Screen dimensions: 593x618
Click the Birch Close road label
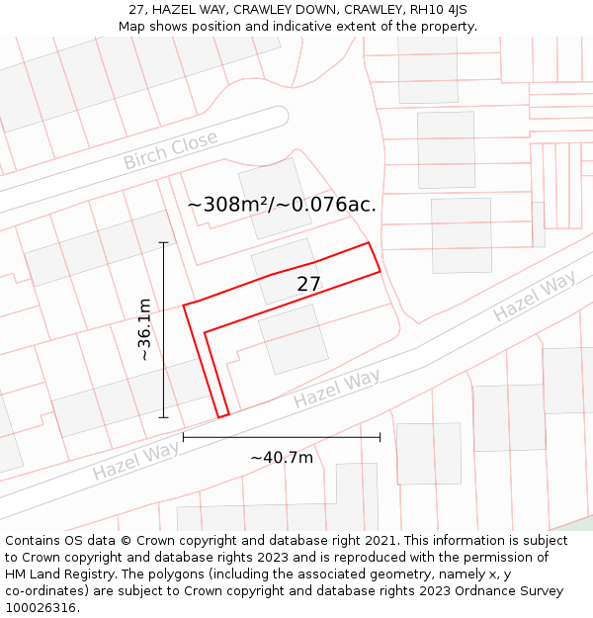tap(170, 150)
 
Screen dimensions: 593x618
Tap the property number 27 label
tap(308, 284)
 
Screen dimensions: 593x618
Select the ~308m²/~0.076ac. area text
tap(282, 205)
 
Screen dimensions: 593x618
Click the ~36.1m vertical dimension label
tap(145, 329)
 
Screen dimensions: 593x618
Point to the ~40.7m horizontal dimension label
tap(282, 457)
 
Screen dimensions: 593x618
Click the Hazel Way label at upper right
tap(534, 296)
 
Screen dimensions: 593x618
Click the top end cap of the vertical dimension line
tap(164, 242)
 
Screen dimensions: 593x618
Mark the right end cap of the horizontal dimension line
tap(380, 436)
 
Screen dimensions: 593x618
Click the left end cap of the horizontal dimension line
tap(184, 436)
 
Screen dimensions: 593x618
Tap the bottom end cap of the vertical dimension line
tap(164, 417)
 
